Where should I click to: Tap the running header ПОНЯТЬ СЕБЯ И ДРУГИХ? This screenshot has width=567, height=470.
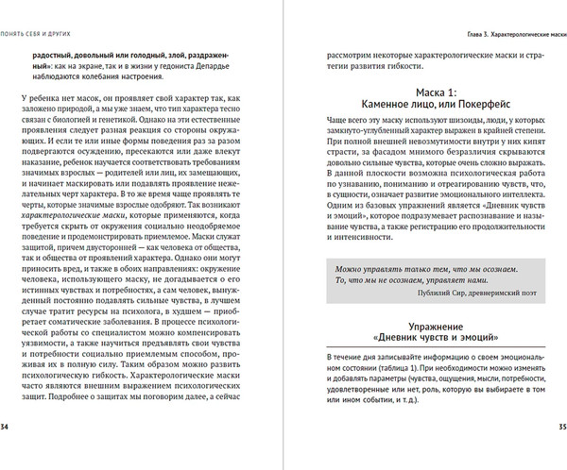(x=42, y=9)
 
